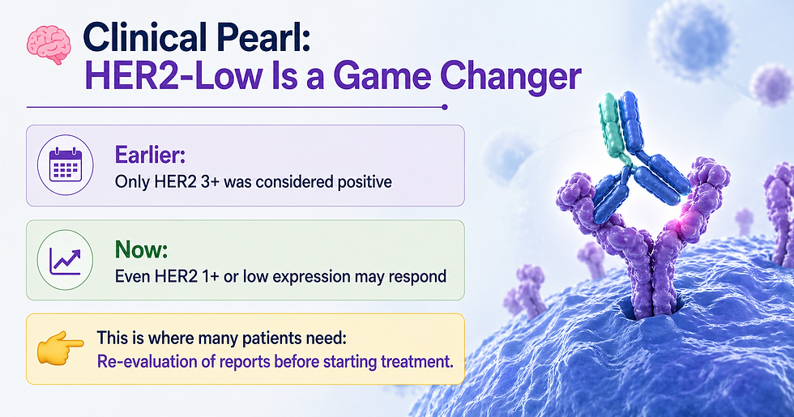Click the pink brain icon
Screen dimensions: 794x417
(48, 45)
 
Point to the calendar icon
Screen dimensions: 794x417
(66, 165)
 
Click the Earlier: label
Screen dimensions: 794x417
(150, 155)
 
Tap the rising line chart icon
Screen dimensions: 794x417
(66, 260)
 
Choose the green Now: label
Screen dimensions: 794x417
(141, 249)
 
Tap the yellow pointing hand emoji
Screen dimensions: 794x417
(60, 349)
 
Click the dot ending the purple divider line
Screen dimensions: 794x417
(445, 107)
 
